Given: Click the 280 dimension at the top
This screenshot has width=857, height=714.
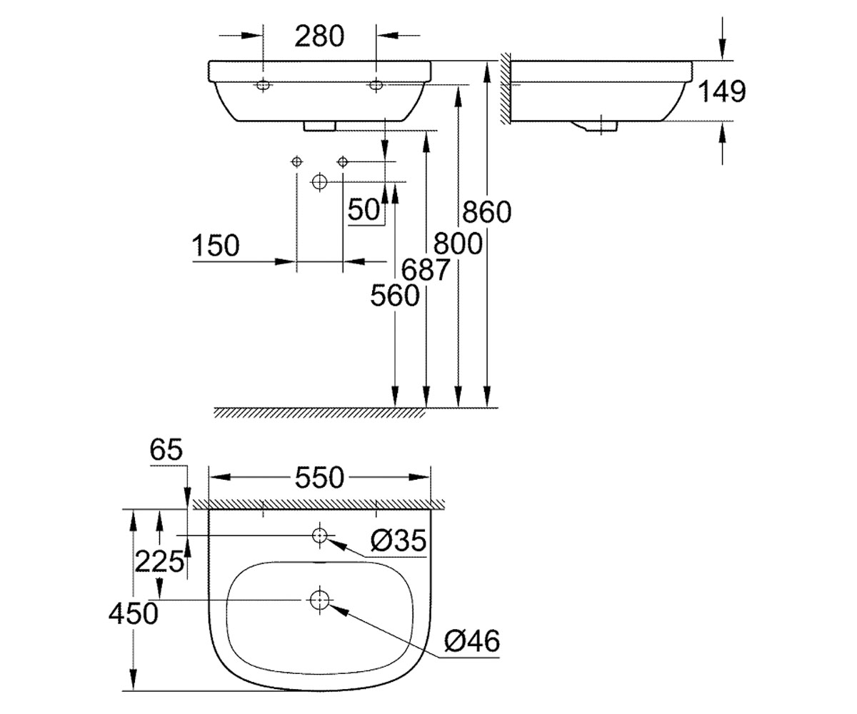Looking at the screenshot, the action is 319,36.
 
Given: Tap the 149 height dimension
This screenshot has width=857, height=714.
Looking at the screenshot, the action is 721,91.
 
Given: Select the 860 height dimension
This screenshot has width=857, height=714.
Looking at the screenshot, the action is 487,212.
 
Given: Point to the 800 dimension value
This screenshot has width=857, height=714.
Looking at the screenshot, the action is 458,243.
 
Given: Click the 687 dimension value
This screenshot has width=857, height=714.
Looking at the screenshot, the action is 425,270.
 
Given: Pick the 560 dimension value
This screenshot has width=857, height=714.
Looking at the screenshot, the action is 395,296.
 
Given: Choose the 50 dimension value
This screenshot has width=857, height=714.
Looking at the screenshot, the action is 364,210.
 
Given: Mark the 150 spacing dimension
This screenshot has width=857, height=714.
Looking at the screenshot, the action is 216,246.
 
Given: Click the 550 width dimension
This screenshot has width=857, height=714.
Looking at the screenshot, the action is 319,478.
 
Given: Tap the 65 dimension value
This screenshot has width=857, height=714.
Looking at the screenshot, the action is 166,450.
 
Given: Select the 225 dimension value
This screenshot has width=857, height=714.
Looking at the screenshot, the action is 160,561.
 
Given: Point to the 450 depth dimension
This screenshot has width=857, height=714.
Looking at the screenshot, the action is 134,614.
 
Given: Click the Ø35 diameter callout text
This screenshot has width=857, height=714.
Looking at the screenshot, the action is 399,540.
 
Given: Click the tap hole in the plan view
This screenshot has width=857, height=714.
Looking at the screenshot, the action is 319,535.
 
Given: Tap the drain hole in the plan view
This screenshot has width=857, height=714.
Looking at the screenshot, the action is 319,600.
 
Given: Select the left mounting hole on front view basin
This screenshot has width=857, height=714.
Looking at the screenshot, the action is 263,85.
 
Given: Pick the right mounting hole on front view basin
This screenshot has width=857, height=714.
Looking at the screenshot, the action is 376,85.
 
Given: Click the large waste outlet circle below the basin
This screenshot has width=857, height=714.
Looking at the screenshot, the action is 319,182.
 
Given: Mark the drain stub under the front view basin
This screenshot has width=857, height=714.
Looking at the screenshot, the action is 320,126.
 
